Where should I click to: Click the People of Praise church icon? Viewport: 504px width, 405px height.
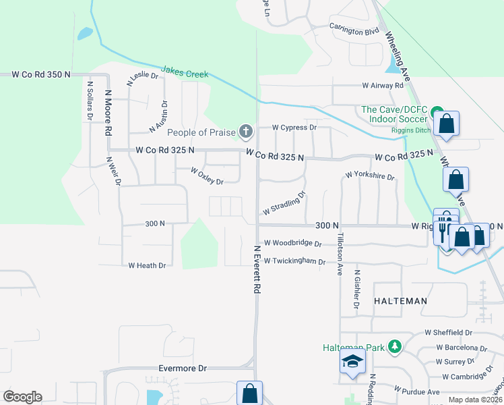pos(246,131)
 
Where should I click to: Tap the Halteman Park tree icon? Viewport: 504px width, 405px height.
pos(395,348)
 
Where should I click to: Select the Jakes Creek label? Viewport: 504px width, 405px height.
pos(185,72)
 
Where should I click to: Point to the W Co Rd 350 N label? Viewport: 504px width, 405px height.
pos(41,75)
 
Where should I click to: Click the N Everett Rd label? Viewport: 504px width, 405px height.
pos(257,269)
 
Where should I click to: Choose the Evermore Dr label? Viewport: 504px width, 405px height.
pos(182,369)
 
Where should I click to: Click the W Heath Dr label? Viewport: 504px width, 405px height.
pos(147,266)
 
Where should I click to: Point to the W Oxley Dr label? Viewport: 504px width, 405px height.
pos(207,176)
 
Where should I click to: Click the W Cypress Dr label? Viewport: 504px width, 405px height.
pos(294,127)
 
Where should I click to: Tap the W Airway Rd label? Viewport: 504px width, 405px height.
pos(382,86)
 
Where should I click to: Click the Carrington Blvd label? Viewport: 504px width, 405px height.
pos(354,30)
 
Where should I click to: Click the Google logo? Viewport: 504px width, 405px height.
pos(22,397)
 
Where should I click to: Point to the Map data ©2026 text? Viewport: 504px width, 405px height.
pos(474,400)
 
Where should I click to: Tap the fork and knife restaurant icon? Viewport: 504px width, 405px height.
pos(443,231)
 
